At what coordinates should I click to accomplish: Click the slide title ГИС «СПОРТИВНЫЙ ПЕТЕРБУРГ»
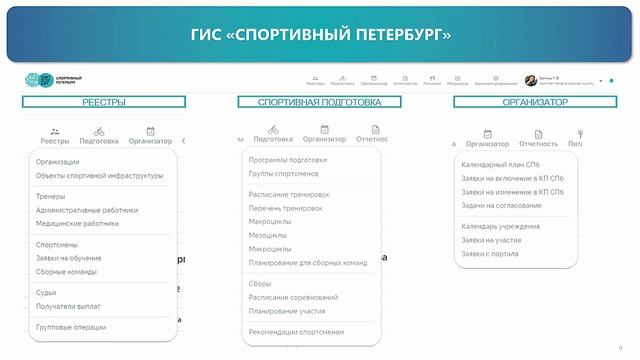click(x=320, y=36)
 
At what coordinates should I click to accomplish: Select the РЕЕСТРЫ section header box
click(x=104, y=102)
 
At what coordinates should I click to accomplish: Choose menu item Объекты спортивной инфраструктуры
click(x=100, y=176)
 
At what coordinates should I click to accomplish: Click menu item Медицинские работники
click(x=77, y=223)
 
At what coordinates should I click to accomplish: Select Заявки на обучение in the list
click(x=69, y=258)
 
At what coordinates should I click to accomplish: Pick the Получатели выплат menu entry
click(x=68, y=306)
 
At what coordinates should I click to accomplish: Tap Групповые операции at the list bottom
click(x=71, y=327)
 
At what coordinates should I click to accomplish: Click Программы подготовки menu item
click(x=288, y=160)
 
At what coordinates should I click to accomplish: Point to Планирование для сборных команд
click(x=308, y=262)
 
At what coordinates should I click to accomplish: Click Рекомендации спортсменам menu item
click(x=296, y=331)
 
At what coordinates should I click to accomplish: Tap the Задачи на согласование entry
click(x=501, y=205)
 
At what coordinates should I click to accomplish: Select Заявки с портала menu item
click(x=489, y=254)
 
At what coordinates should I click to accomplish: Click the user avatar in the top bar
click(x=530, y=80)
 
